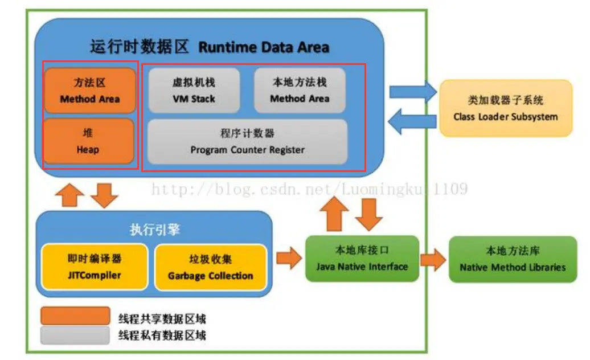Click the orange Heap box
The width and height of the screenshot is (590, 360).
point(88,141)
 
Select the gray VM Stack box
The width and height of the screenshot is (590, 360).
point(194,90)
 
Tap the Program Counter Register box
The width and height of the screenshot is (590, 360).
point(247,141)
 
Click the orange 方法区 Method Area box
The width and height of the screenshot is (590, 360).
point(89,90)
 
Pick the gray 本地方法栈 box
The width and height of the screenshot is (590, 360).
point(300,90)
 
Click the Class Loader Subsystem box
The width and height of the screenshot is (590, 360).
point(505,108)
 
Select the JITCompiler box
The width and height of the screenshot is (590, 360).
point(94,267)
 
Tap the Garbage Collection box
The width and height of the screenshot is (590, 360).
point(210,267)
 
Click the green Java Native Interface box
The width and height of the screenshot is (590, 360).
point(362,258)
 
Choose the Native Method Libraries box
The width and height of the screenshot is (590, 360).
point(513,259)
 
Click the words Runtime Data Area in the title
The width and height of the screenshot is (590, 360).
point(264,47)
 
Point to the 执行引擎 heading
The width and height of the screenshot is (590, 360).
point(155,229)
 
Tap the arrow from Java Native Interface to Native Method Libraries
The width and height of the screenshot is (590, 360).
point(434,259)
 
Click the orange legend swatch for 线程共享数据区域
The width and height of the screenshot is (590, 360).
point(75,316)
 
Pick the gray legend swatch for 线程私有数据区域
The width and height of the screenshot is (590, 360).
point(75,335)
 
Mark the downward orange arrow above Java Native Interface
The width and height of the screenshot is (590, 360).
point(370,214)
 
